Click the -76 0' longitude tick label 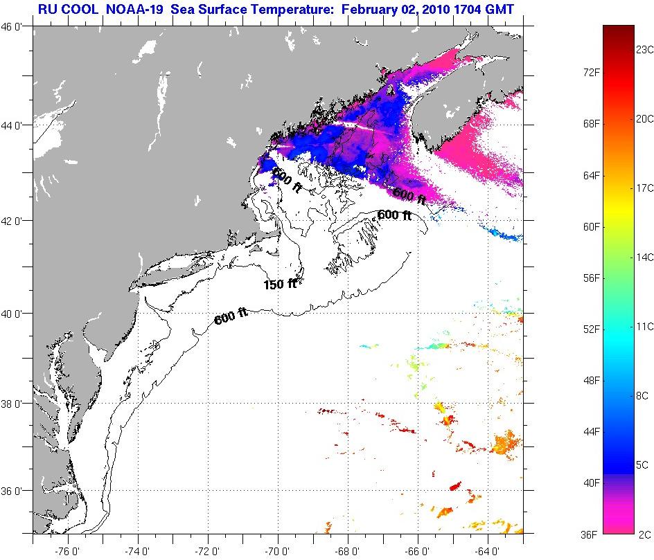[x=68, y=552]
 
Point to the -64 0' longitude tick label [x=488, y=552]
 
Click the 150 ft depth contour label [x=280, y=284]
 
